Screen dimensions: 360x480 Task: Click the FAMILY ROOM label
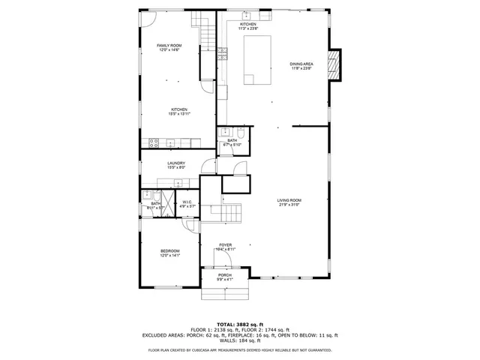tap(169, 48)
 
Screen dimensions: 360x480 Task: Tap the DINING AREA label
tap(301, 66)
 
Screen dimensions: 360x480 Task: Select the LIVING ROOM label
tap(289, 202)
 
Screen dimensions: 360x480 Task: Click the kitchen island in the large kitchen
tap(257, 59)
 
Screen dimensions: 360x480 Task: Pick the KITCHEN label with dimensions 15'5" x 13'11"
tap(178, 111)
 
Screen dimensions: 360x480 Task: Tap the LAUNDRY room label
tap(176, 165)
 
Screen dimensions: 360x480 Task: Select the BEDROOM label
tap(169, 253)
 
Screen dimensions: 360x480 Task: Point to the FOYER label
tap(225, 247)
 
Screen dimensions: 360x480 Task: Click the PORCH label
tap(225, 277)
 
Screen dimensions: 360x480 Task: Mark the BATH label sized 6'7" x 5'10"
tap(232, 142)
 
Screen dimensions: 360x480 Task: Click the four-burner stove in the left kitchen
tap(154, 142)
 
